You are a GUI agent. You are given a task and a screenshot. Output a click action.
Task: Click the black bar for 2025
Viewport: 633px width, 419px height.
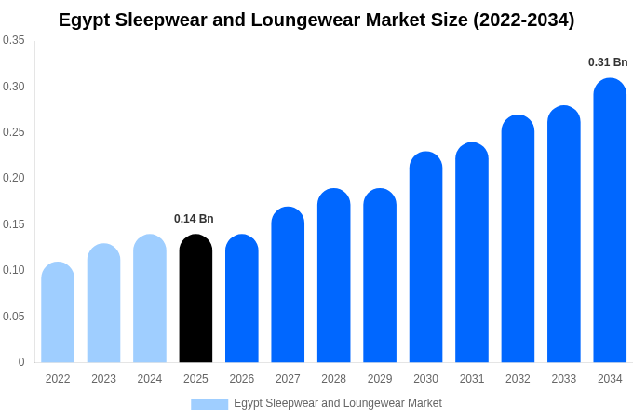point(195,299)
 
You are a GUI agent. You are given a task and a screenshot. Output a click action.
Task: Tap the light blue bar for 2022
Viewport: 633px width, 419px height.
point(58,313)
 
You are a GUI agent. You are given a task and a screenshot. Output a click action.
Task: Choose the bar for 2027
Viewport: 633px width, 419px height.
point(288,285)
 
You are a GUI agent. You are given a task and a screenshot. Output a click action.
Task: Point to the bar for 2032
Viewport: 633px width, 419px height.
point(518,239)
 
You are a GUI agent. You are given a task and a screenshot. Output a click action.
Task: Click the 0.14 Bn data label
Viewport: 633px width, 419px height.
point(194,219)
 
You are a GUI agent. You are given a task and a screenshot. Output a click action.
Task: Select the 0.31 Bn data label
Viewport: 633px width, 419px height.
point(608,62)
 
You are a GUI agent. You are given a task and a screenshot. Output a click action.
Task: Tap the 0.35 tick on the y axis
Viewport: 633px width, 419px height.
point(14,40)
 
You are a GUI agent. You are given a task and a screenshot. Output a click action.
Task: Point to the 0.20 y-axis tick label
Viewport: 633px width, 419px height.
point(14,178)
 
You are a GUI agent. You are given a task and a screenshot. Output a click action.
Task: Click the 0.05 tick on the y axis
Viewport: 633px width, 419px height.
point(14,317)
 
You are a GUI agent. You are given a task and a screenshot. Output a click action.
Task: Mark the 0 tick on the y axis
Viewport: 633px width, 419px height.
point(21,362)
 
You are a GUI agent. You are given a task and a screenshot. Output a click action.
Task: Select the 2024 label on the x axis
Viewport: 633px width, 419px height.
point(150,379)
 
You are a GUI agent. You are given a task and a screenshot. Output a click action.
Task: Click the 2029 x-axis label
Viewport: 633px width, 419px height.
point(380,379)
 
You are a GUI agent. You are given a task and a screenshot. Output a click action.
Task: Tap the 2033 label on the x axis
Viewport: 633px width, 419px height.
point(563,379)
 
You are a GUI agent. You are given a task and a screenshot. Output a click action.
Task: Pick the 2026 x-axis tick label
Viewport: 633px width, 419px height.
point(242,379)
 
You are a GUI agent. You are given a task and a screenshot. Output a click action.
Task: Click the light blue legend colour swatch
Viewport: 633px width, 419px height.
point(209,403)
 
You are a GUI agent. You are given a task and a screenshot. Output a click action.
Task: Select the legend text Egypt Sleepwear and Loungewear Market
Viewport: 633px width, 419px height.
point(337,403)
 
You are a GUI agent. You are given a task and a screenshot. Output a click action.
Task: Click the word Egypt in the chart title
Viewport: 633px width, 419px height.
point(85,20)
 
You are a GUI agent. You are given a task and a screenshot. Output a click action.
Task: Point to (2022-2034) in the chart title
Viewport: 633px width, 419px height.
point(523,20)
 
